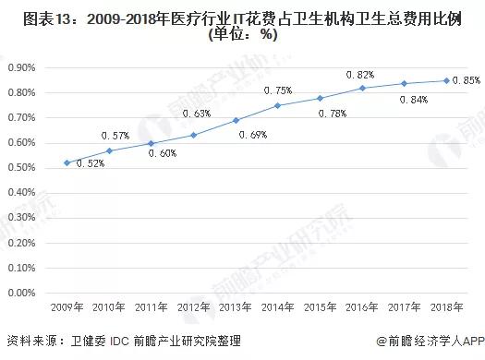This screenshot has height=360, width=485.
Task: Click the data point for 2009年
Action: (x=66, y=162)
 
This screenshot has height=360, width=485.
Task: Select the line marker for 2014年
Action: (x=277, y=105)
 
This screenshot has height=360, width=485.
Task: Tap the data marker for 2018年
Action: (x=447, y=80)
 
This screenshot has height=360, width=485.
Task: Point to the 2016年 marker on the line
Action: (x=362, y=88)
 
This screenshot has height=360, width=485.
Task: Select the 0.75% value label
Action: (x=278, y=90)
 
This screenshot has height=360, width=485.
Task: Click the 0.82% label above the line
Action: (x=360, y=74)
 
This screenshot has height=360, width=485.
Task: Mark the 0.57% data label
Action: (x=116, y=137)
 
